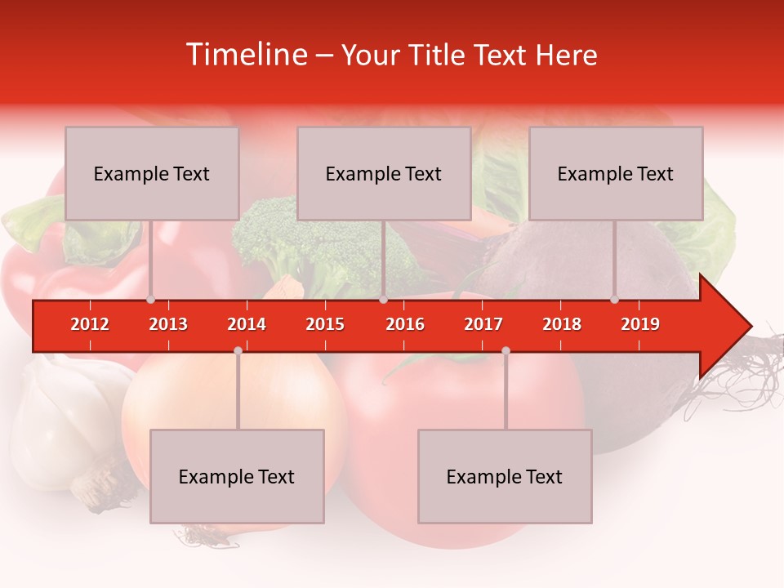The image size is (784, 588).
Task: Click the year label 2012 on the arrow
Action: (x=90, y=324)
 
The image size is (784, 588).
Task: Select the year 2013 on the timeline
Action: (x=168, y=324)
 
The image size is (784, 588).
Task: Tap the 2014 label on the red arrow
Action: (x=247, y=324)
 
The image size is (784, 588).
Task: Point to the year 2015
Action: (x=325, y=324)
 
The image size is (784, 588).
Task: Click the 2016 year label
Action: (x=405, y=324)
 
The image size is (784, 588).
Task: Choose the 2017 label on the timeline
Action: (x=483, y=324)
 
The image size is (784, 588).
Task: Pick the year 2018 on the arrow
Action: (x=562, y=324)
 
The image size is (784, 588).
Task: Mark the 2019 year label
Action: (x=640, y=324)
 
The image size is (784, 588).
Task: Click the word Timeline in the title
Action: (x=245, y=55)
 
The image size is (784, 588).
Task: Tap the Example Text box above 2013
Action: (x=152, y=174)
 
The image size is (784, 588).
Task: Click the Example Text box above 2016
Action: (x=384, y=174)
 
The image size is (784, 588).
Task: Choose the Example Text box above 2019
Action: (x=616, y=174)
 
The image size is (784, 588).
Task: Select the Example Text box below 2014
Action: (x=237, y=477)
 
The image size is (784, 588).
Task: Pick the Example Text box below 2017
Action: (x=505, y=477)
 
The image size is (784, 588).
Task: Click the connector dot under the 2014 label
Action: (x=238, y=350)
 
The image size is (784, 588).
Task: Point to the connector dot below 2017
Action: (x=506, y=350)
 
